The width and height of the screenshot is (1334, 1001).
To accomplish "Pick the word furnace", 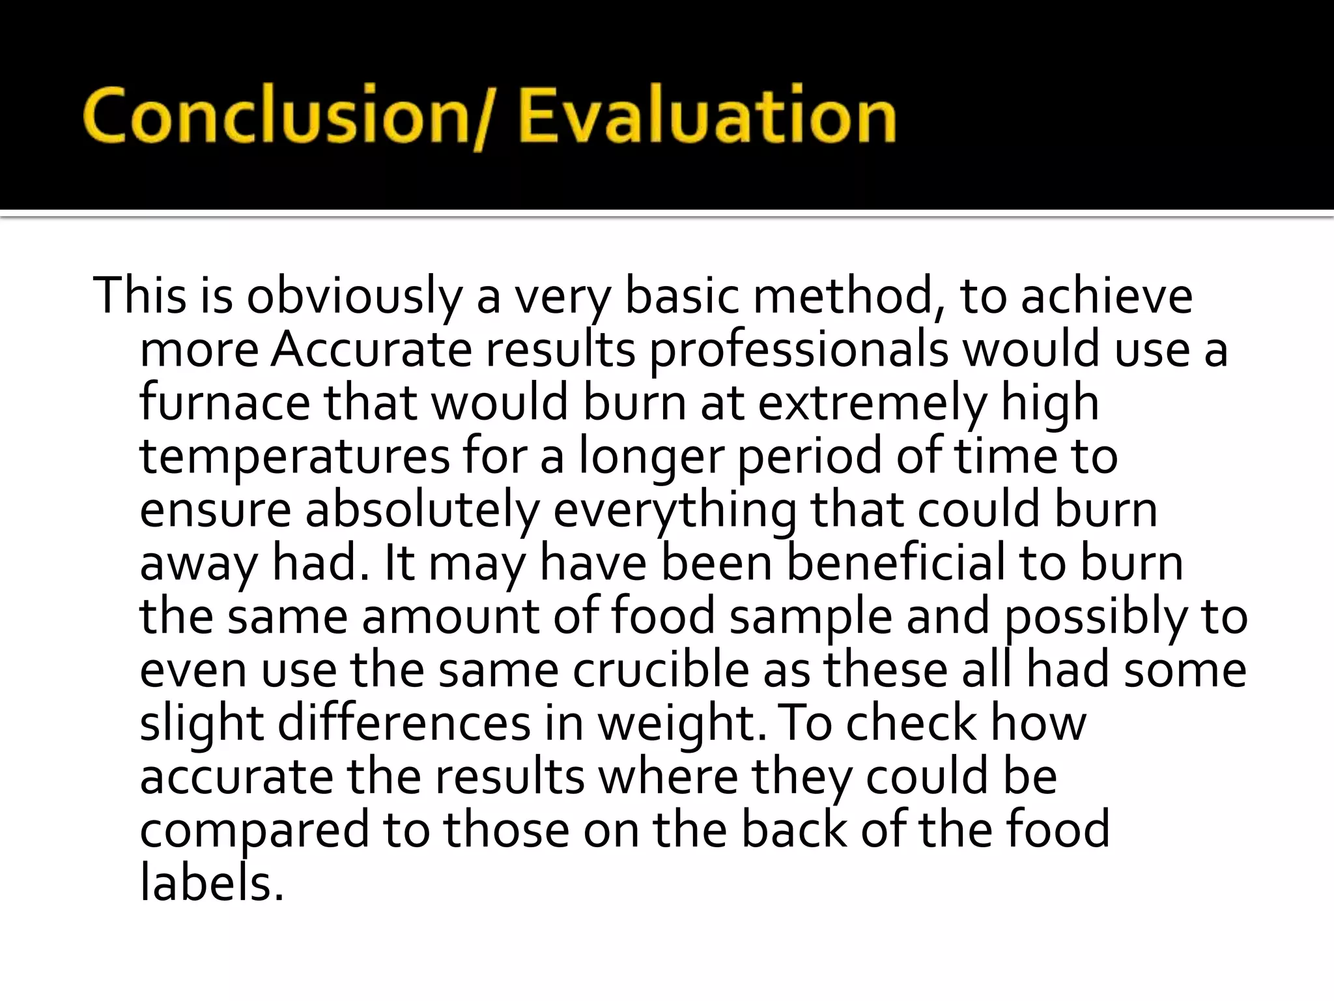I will [225, 403].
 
